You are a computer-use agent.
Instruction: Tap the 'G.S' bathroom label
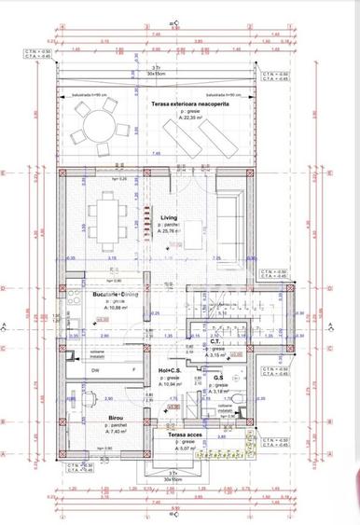point(217,378)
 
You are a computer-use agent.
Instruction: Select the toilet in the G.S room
point(240,401)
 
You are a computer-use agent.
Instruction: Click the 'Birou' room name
point(116,418)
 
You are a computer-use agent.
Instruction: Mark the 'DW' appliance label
point(97,370)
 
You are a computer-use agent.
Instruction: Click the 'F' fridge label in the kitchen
point(133,370)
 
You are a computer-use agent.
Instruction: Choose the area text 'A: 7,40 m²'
point(117,433)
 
